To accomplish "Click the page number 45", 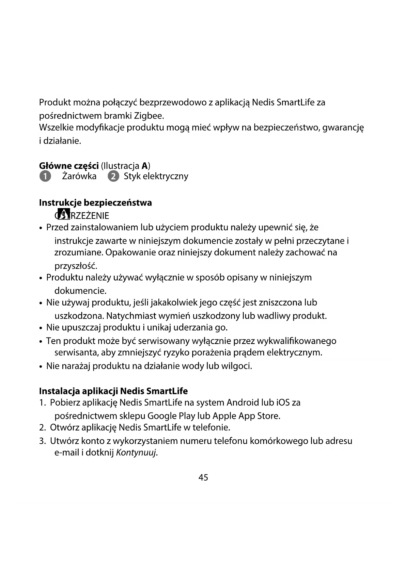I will (x=203, y=478).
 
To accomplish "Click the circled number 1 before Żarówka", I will (x=45, y=176).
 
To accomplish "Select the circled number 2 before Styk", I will (x=113, y=176).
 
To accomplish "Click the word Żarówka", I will (x=79, y=176).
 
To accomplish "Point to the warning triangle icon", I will (x=64, y=213).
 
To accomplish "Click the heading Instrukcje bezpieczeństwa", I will (x=95, y=203).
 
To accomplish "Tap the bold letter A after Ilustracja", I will (x=145, y=166).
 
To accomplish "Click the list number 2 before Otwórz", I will (x=42, y=428).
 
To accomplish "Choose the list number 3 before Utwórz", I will (x=42, y=441).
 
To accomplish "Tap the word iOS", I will (x=283, y=402).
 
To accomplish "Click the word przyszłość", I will (x=76, y=266).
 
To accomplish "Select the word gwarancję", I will (x=343, y=128).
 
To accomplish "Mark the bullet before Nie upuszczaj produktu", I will (x=41, y=328).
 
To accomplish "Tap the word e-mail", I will (x=67, y=453).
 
